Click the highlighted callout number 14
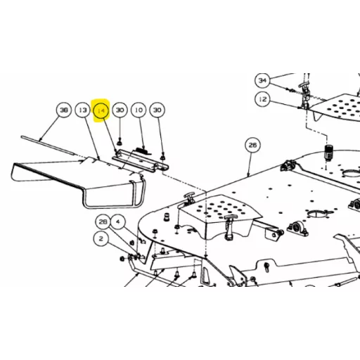pyautogui.click(x=101, y=110)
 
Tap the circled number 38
pyautogui.click(x=64, y=110)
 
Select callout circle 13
pyautogui.click(x=82, y=110)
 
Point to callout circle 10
pyautogui.click(x=139, y=110)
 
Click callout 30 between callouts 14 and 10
pyautogui.click(x=120, y=110)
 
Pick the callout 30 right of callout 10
pyautogui.click(x=157, y=110)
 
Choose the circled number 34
pyautogui.click(x=262, y=80)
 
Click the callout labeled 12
pyautogui.click(x=262, y=99)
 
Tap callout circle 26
pyautogui.click(x=252, y=145)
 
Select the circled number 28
pyautogui.click(x=103, y=221)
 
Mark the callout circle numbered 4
pyautogui.click(x=118, y=221)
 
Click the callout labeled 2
pyautogui.click(x=101, y=238)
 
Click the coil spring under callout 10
pyautogui.click(x=143, y=151)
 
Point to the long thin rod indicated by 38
pyautogui.click(x=48, y=146)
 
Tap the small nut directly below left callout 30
pyautogui.click(x=120, y=142)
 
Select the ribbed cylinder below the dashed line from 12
pyautogui.click(x=328, y=152)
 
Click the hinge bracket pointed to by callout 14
pyautogui.click(x=140, y=161)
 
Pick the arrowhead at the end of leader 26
pyautogui.click(x=249, y=174)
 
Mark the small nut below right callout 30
pyautogui.click(x=162, y=157)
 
